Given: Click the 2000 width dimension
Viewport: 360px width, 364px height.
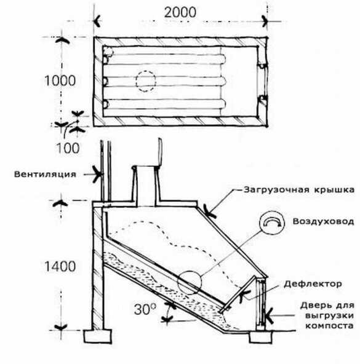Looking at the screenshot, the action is point(180,12).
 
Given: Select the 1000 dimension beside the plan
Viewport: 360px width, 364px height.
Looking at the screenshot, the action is point(60,81).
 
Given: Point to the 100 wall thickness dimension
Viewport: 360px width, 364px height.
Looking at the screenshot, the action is point(68,148).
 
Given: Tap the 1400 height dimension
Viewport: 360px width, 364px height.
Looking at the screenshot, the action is point(60,266).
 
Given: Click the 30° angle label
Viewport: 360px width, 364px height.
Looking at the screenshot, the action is point(145,309).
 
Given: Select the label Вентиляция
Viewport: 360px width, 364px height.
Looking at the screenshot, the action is point(45,174).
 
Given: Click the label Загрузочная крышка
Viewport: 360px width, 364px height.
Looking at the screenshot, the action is point(299,190).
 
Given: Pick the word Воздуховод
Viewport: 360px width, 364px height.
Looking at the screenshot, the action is point(323,221).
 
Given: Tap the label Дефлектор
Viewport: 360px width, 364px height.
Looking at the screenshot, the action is point(313,283).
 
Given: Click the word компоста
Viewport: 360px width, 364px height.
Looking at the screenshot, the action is point(329,326).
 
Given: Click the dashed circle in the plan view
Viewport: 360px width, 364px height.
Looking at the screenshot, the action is point(146,81).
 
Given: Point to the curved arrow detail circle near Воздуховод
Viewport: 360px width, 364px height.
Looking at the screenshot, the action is point(272,222).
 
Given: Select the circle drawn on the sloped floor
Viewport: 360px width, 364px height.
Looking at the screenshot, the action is point(189,283).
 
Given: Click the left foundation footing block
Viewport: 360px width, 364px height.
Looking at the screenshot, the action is point(98,336).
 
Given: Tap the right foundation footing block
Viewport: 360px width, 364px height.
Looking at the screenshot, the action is point(261,337).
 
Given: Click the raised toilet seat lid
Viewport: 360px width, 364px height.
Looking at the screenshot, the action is point(159,152).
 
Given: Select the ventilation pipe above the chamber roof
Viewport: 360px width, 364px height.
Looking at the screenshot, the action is point(105,171).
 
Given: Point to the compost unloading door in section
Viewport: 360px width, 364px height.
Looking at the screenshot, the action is point(261,303).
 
